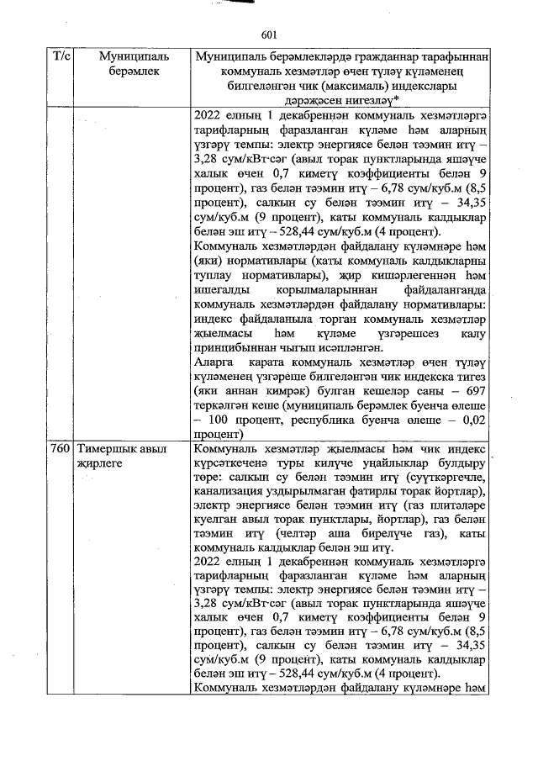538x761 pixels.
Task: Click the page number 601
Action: tap(269, 34)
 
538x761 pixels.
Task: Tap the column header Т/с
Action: tap(61, 56)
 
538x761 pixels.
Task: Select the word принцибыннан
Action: tap(237, 347)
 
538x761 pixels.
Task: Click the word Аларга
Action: tap(214, 362)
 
